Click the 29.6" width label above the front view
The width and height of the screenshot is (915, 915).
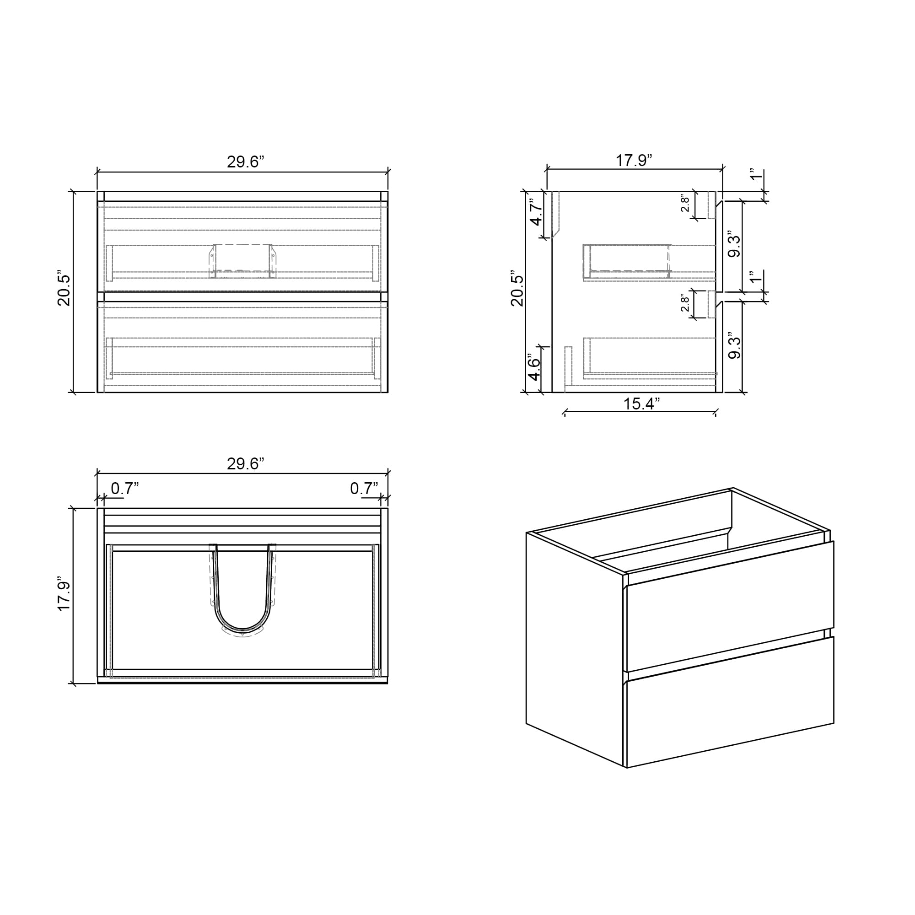[245, 162]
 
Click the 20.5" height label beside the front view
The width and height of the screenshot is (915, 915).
[64, 290]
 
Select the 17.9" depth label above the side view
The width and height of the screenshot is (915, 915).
[634, 161]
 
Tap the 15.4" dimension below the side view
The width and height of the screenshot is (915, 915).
[641, 404]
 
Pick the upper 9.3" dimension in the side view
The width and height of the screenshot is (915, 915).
[734, 244]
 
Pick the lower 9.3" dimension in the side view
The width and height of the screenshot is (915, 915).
[734, 346]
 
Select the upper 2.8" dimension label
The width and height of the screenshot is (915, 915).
[685, 204]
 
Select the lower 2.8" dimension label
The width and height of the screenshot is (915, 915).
[685, 304]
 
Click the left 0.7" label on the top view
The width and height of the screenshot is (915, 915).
[124, 488]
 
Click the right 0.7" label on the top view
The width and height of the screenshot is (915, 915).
[364, 488]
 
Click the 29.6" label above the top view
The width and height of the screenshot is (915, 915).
[245, 463]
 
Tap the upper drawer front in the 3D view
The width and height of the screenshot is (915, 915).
[729, 608]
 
